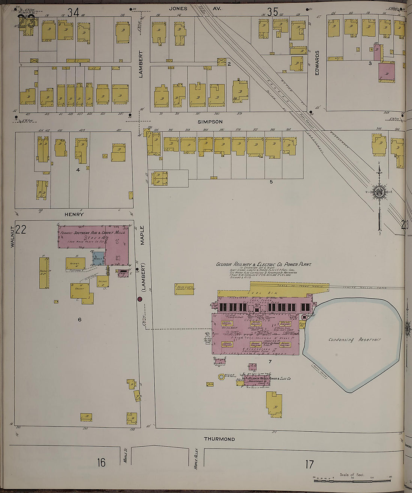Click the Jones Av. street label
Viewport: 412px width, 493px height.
(x=195, y=8)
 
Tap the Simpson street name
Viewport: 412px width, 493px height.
(x=210, y=122)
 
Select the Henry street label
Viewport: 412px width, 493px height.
(x=74, y=215)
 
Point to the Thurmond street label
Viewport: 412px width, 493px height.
(x=219, y=439)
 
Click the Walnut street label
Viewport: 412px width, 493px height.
(x=12, y=237)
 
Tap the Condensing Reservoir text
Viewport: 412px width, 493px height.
(x=354, y=340)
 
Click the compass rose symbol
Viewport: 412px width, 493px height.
(x=379, y=192)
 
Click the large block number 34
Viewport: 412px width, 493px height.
(x=73, y=13)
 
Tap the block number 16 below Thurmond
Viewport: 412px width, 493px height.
(x=101, y=463)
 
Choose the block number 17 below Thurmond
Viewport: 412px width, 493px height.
(x=309, y=465)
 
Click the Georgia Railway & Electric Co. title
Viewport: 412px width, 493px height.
(x=263, y=265)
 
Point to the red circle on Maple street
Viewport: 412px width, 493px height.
(x=140, y=299)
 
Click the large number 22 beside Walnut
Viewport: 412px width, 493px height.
(x=21, y=229)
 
